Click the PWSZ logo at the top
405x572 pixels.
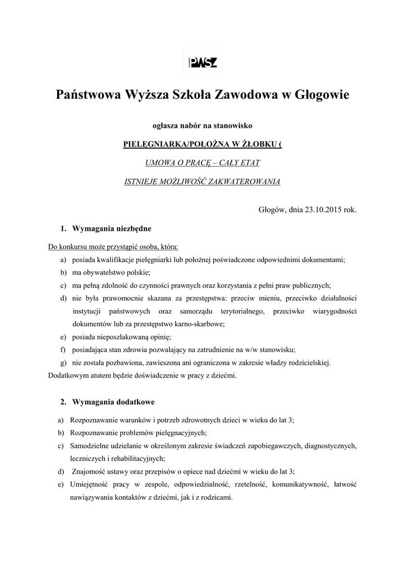click(x=202, y=62)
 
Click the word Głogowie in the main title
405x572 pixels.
click(x=319, y=96)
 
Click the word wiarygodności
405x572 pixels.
click(x=331, y=311)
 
